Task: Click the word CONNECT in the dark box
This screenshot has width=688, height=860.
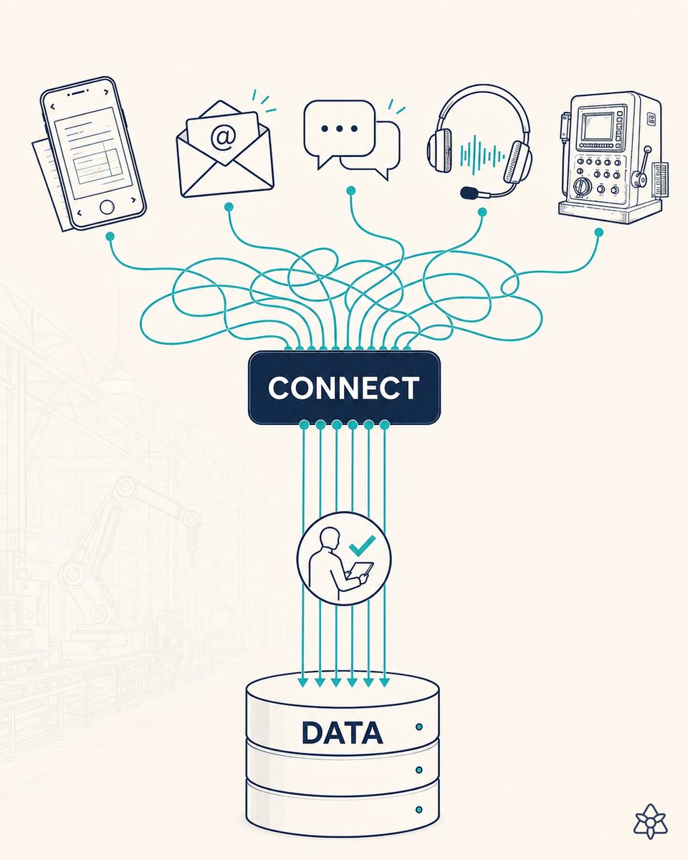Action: coord(343,388)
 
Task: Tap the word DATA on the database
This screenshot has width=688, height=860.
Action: coord(343,732)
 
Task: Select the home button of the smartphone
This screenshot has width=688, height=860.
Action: coord(107,207)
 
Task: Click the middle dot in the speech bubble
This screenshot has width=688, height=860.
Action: coord(340,129)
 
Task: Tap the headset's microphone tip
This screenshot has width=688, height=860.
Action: coord(469,193)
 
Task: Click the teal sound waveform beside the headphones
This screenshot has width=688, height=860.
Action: coord(482,155)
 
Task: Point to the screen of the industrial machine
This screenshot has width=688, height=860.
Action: coord(597,126)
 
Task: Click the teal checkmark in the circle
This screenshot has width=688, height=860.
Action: coord(362,545)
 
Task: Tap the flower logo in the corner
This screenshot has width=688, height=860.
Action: coord(651,821)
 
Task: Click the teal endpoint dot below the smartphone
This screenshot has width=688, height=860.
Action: coord(110,236)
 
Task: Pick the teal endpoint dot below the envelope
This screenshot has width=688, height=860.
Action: coord(229,206)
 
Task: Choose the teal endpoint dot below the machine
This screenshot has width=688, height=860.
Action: coord(598,232)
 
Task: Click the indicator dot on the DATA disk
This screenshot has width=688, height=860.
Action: coord(419,727)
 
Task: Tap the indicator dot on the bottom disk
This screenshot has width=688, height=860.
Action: coord(419,810)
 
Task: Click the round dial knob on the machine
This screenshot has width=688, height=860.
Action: coord(581,186)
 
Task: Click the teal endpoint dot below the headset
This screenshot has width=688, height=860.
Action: coord(482,212)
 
